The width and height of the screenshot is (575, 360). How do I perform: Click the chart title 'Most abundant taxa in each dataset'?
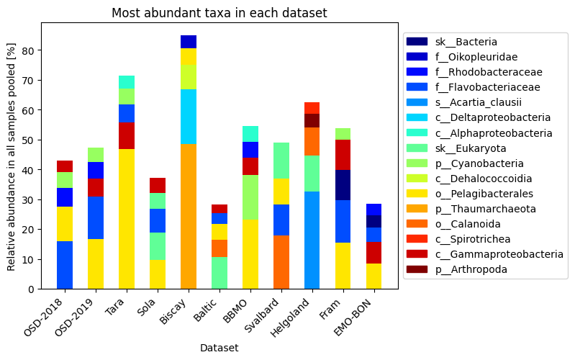pos(219,13)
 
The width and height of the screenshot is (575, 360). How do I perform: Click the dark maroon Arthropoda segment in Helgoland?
pos(312,120)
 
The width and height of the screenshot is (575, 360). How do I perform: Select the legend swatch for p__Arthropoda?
pos(417,269)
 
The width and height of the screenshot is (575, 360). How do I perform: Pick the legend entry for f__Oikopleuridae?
pos(476,57)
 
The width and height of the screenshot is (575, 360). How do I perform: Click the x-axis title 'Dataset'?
pos(219,348)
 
